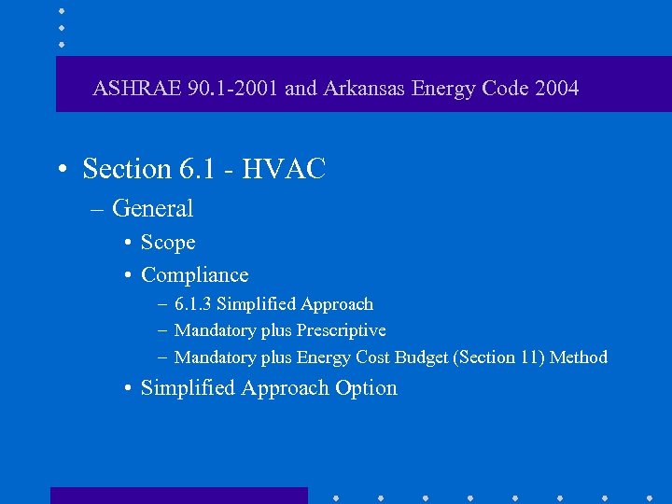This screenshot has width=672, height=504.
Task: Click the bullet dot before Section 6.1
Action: pyautogui.click(x=61, y=170)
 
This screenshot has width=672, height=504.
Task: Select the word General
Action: pyautogui.click(x=152, y=208)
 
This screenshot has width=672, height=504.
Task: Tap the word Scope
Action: pyautogui.click(x=168, y=243)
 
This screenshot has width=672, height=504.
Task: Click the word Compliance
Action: pyautogui.click(x=195, y=275)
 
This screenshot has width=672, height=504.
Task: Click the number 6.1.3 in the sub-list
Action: pyautogui.click(x=192, y=304)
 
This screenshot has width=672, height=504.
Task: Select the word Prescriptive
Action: pyautogui.click(x=341, y=330)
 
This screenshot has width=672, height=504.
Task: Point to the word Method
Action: pyautogui.click(x=579, y=357)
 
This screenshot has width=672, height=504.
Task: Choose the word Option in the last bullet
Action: pyautogui.click(x=367, y=388)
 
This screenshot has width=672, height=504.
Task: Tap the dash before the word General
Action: pyautogui.click(x=99, y=209)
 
